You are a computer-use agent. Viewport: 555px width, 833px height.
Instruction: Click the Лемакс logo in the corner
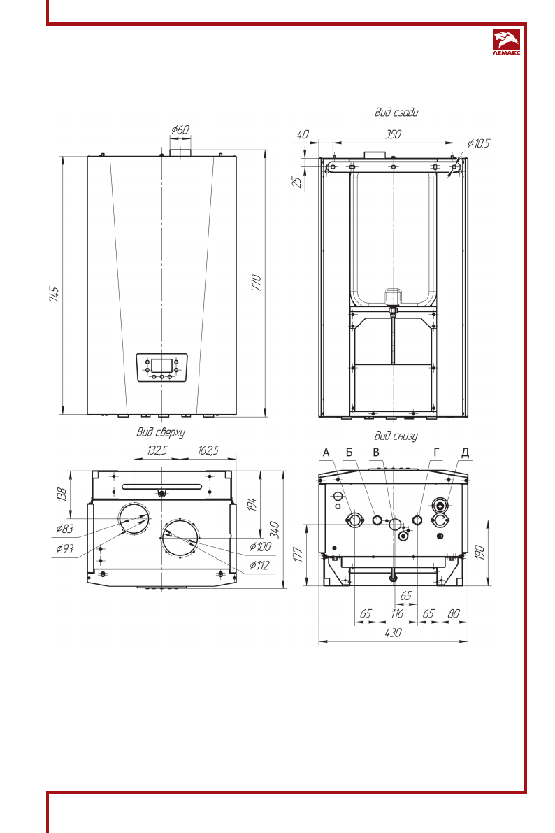506,42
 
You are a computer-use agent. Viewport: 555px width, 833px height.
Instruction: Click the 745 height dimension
54,294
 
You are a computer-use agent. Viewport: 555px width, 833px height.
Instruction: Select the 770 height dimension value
256,283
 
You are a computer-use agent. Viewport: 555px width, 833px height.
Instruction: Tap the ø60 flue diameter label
180,129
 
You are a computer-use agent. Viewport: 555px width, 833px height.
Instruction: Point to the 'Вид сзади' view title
396,112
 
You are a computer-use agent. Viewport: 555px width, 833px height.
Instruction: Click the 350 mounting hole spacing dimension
393,134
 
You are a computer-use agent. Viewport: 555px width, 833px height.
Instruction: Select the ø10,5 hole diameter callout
479,143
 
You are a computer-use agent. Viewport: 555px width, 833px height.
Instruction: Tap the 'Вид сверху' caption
160,432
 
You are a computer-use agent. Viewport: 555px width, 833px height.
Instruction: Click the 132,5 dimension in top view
157,450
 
